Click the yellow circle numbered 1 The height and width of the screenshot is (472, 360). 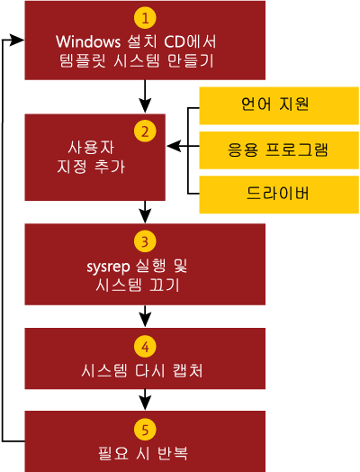pyautogui.click(x=145, y=18)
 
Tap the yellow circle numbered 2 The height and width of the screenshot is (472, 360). pyautogui.click(x=145, y=132)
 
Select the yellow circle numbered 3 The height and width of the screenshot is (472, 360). pyautogui.click(x=145, y=241)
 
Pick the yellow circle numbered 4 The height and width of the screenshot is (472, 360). pyautogui.click(x=145, y=347)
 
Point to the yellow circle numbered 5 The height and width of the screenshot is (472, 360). pyautogui.click(x=145, y=430)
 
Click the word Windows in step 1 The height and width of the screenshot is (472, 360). pyautogui.click(x=88, y=41)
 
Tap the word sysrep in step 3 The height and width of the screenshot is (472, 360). pyautogui.click(x=108, y=268)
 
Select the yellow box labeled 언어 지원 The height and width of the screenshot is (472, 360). pyautogui.click(x=279, y=105)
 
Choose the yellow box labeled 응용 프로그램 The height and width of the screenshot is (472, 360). pyautogui.click(x=279, y=150)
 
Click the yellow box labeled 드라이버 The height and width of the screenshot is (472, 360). pyautogui.click(x=279, y=195)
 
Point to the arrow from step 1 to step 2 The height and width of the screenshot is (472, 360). pyautogui.click(x=145, y=96)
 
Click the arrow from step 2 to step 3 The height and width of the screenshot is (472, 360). pyautogui.click(x=145, y=212)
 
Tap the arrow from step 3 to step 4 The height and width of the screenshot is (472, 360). pyautogui.click(x=145, y=316)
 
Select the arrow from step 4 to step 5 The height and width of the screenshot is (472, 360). pyautogui.click(x=145, y=400)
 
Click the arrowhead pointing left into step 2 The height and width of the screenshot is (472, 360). pyautogui.click(x=174, y=146)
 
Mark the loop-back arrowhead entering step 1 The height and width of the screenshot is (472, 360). pyautogui.click(x=17, y=40)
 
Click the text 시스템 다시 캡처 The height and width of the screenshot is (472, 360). pyautogui.click(x=142, y=370)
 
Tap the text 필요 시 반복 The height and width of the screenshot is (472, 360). pyautogui.click(x=143, y=453)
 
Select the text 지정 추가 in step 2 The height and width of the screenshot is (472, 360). pyautogui.click(x=91, y=166)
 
